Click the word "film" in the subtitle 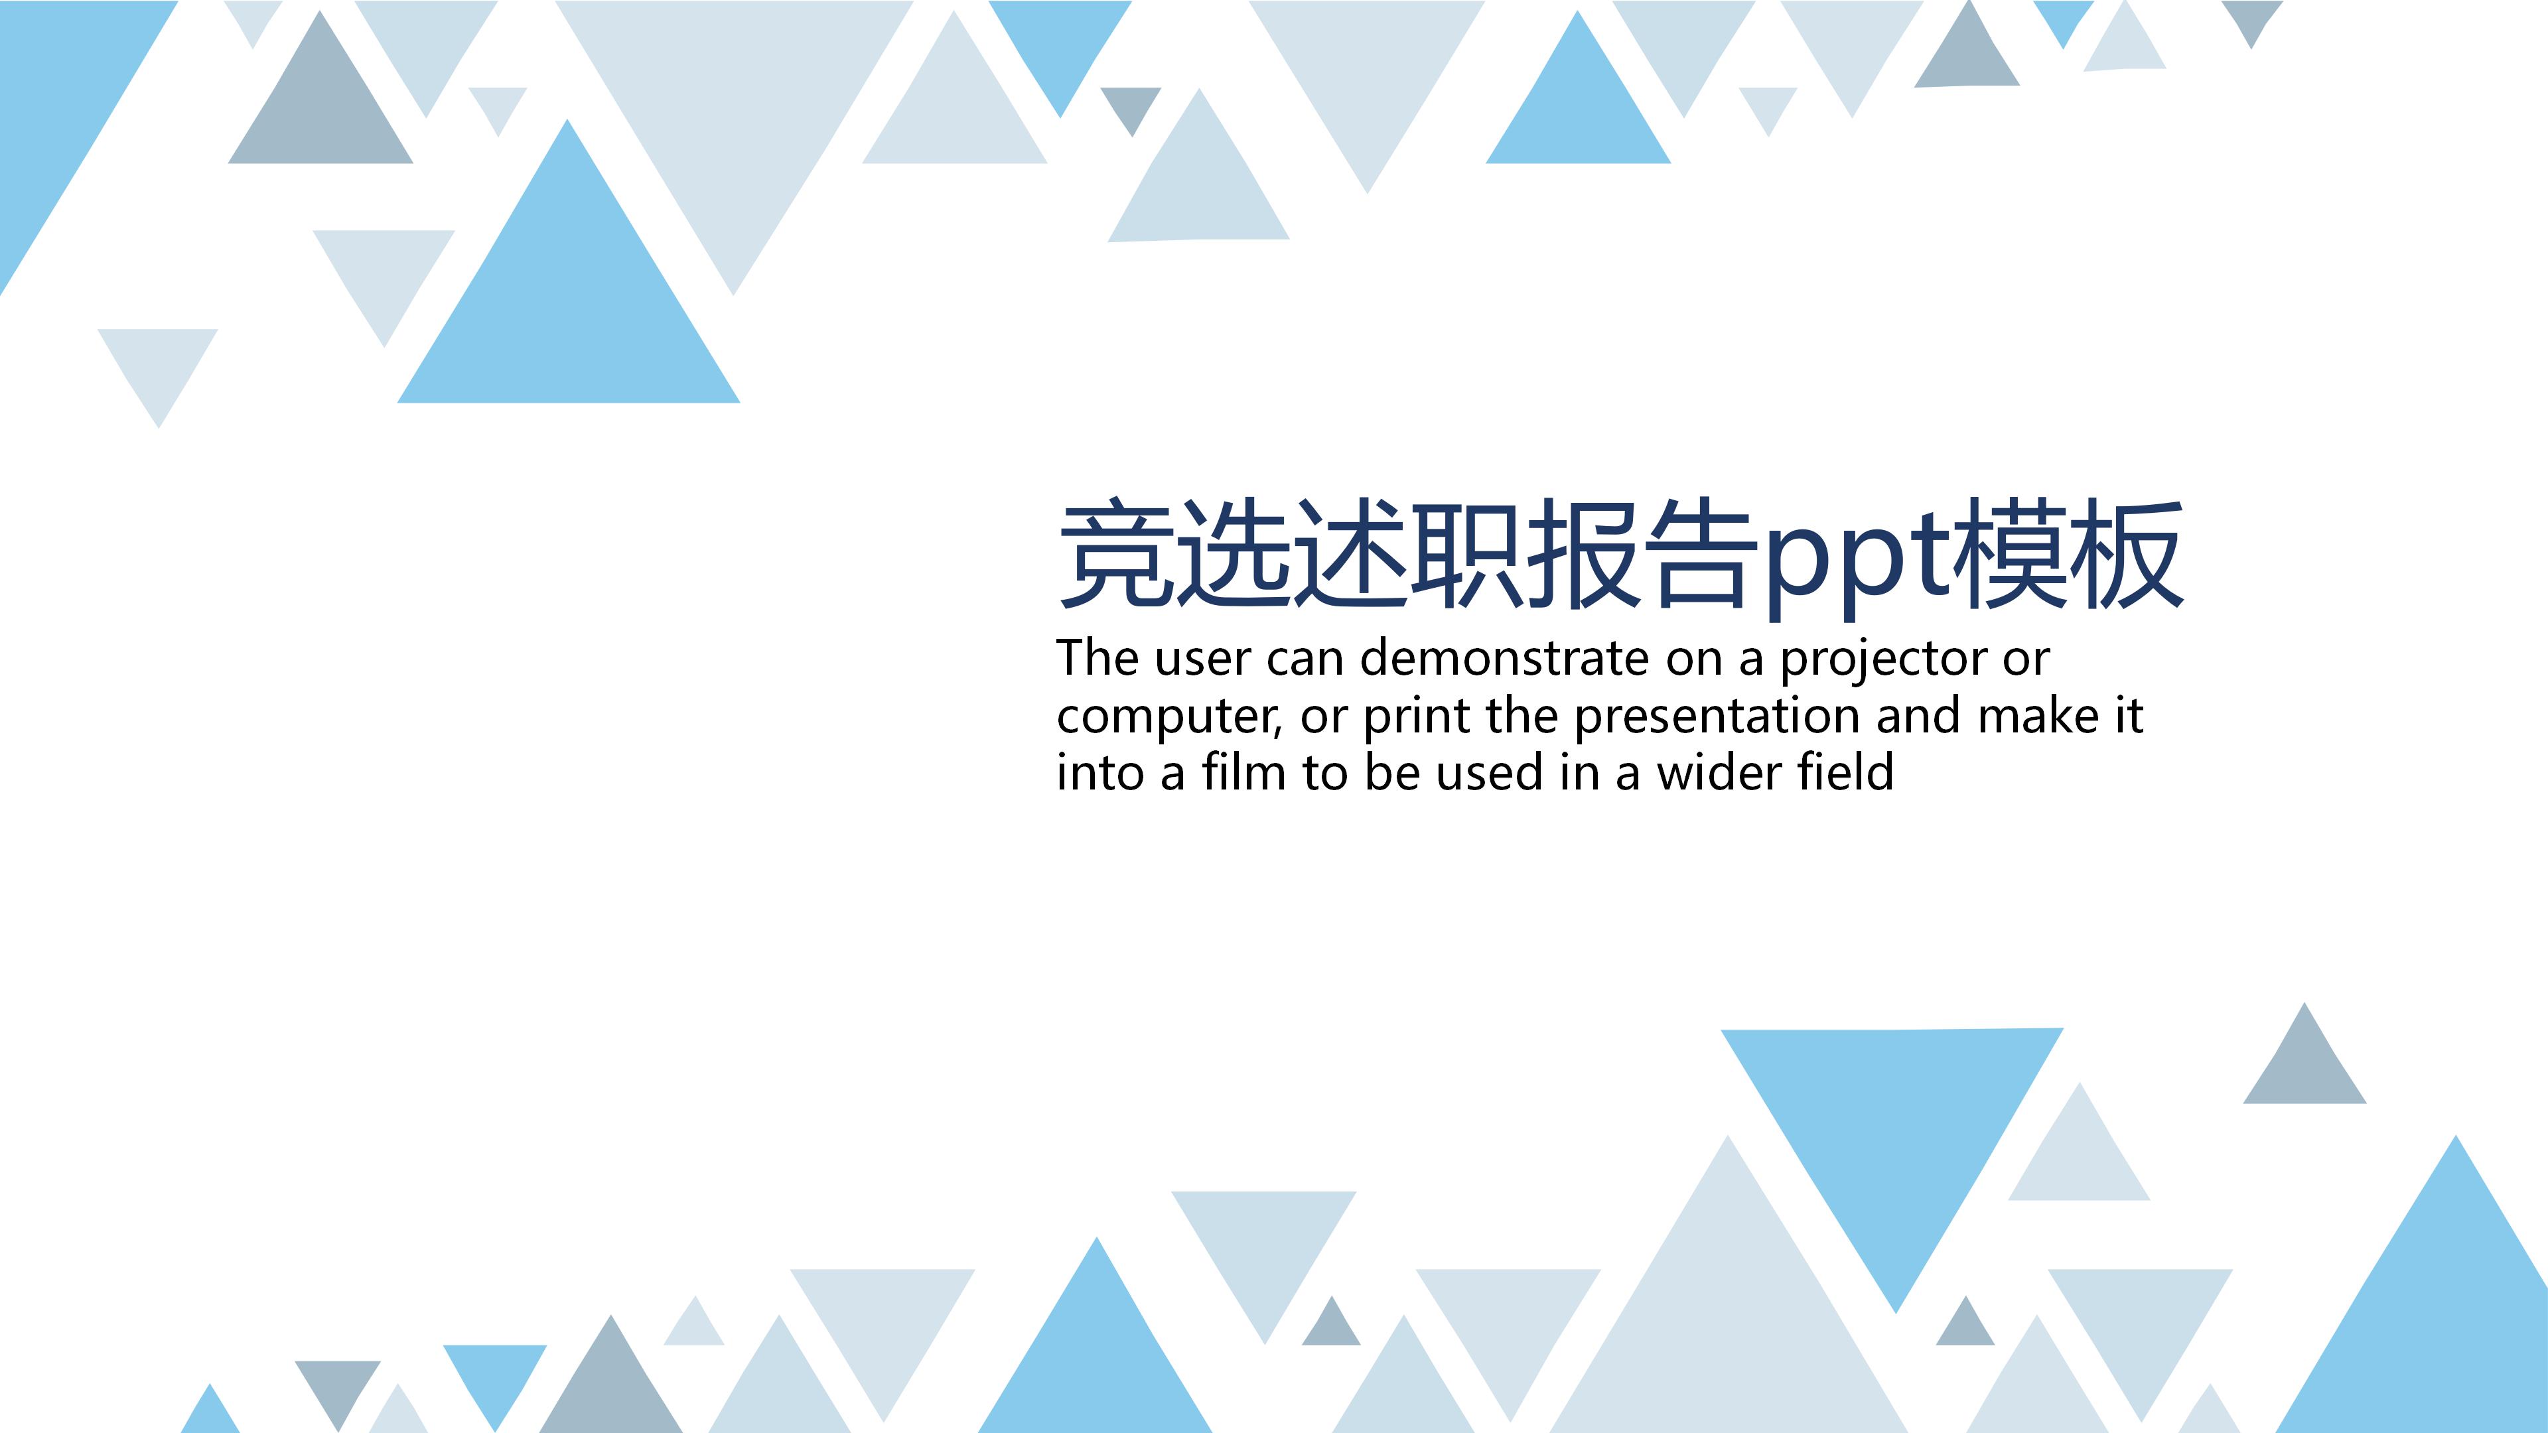click(1243, 772)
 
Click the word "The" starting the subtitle click(1097, 659)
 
